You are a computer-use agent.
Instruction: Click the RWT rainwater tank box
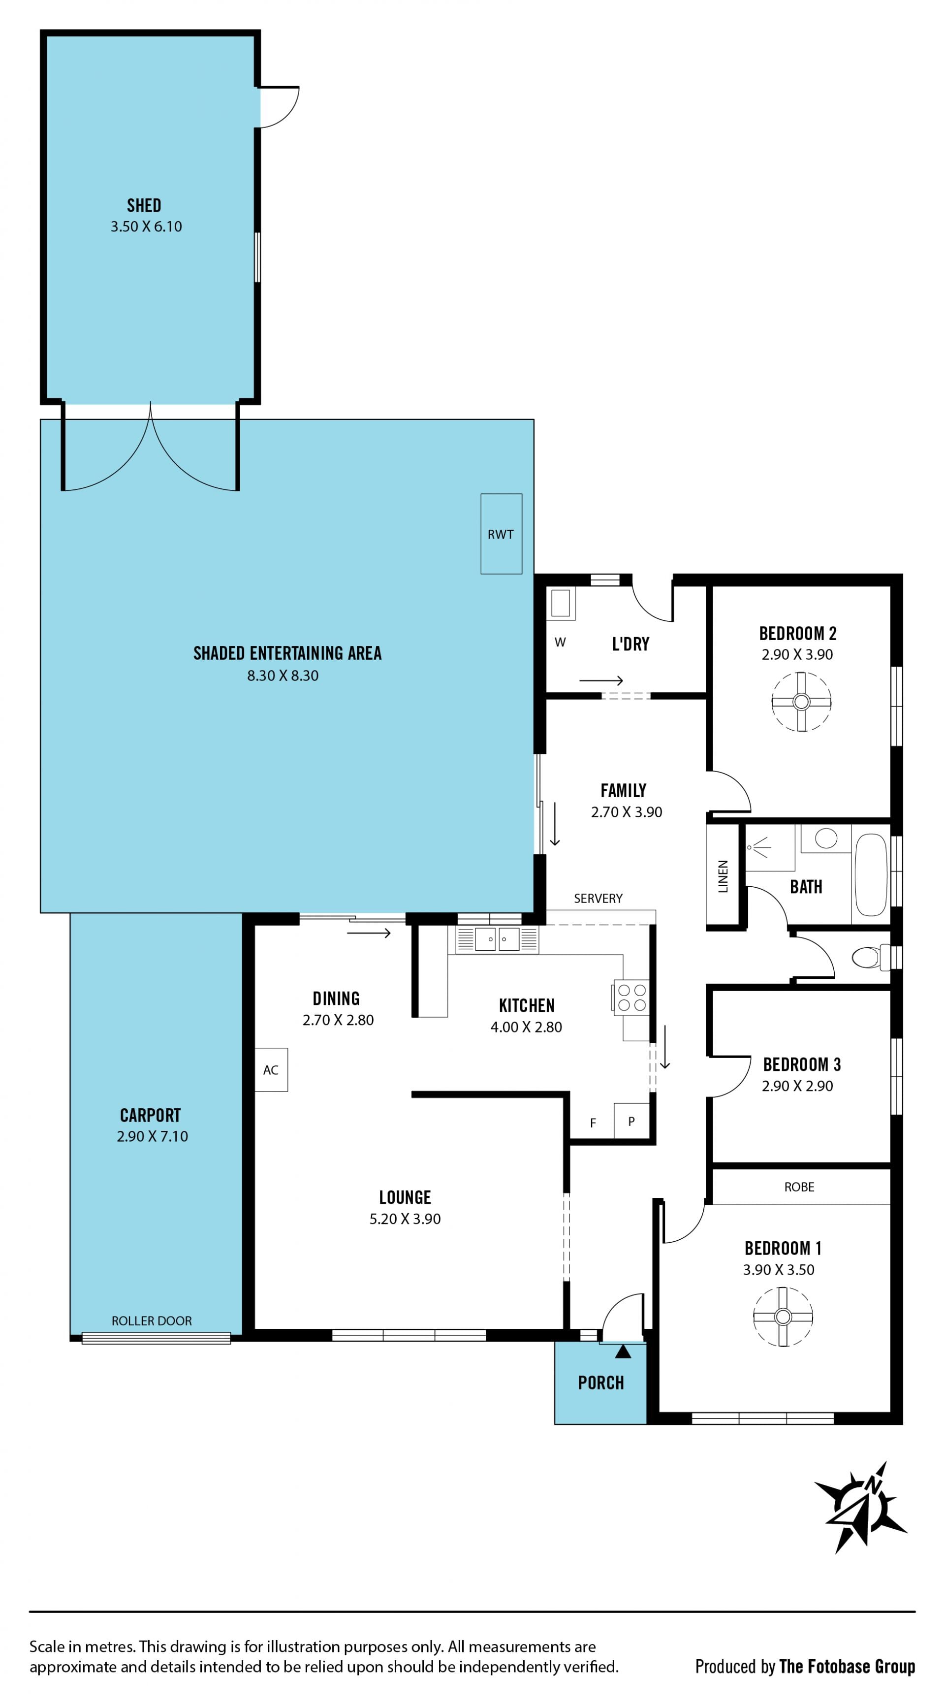(502, 534)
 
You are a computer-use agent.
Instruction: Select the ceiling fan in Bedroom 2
(801, 701)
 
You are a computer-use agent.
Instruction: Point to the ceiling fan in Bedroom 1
(783, 1317)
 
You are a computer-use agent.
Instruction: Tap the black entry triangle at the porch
(623, 1351)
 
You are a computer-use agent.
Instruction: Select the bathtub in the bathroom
(871, 875)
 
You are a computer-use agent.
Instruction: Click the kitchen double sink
(497, 939)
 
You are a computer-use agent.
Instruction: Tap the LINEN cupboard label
(723, 876)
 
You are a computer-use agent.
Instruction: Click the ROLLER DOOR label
(152, 1320)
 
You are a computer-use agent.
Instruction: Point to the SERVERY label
(598, 899)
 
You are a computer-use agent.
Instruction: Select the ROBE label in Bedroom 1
(799, 1187)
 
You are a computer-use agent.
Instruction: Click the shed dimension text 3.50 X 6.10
(146, 226)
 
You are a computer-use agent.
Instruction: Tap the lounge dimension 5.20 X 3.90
(405, 1219)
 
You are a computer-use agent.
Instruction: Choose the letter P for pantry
(631, 1121)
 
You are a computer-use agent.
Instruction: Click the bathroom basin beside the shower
(826, 838)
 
